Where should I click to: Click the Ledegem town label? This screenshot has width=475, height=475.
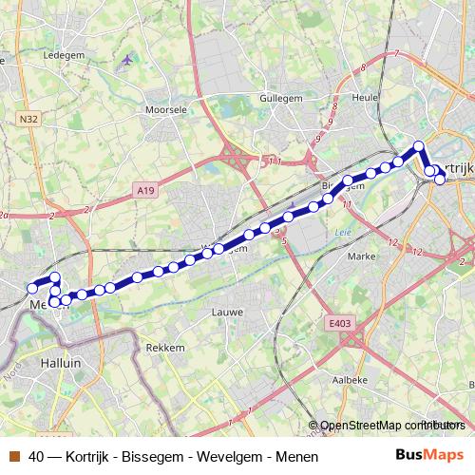65,55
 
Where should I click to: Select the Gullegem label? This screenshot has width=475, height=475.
282,97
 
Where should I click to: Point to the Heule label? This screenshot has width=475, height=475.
364,97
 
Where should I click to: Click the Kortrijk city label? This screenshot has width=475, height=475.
457,167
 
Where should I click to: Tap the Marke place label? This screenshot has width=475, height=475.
362,256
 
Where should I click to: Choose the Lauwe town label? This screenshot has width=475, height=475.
227,311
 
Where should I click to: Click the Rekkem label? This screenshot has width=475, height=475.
165,348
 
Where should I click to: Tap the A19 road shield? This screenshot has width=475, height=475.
144,191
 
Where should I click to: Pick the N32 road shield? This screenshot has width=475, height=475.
28,118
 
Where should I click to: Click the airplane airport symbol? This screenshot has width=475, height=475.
127,60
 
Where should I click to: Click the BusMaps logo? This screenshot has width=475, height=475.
428,455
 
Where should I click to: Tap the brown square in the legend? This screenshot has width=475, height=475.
15,456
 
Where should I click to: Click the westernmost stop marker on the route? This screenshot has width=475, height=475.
31,288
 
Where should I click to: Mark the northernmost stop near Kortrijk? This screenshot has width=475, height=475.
418,146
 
